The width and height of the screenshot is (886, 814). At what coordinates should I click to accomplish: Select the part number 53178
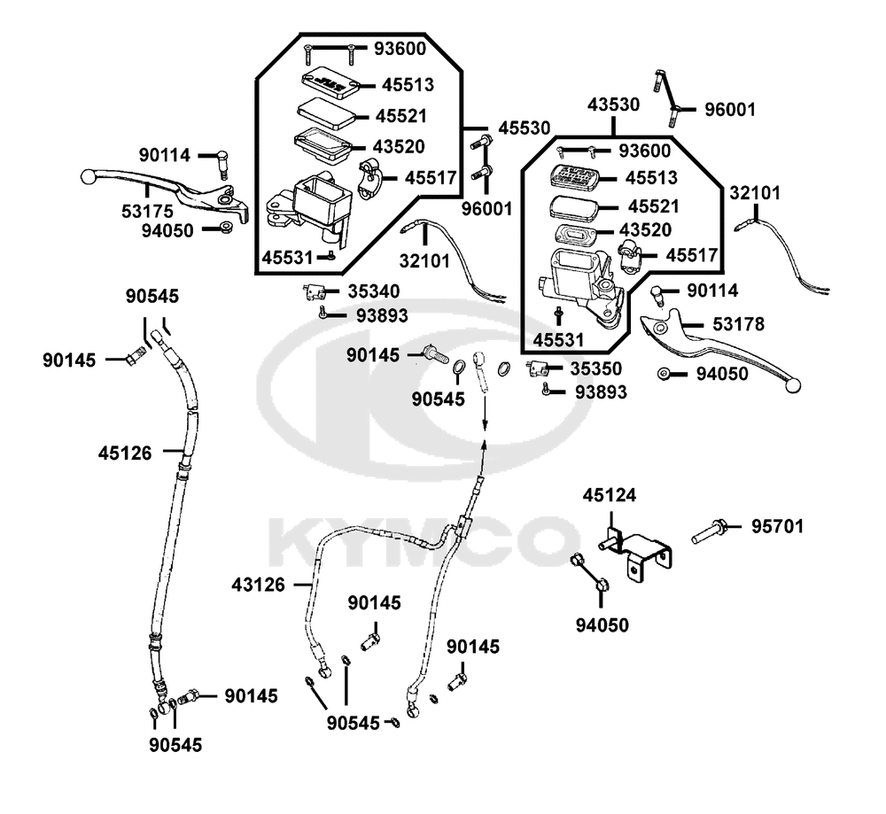point(739,324)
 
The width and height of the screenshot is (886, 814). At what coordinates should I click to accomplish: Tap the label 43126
point(259,585)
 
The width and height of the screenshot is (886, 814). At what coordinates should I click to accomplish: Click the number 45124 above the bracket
point(609,495)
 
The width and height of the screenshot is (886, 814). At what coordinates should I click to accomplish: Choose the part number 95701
point(777,526)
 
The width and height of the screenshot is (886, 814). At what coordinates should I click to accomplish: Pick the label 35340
point(372,291)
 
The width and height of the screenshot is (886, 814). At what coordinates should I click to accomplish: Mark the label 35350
point(595,368)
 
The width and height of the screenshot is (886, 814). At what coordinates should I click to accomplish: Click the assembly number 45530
point(524,128)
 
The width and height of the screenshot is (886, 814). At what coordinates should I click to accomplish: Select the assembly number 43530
point(613,105)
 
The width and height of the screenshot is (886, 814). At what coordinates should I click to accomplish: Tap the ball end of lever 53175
point(88,176)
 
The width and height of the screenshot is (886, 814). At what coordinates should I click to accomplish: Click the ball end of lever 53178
point(795,386)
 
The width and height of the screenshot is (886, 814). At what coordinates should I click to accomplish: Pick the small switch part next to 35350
point(537,368)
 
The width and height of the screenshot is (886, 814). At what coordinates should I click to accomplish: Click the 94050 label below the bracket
point(602,625)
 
